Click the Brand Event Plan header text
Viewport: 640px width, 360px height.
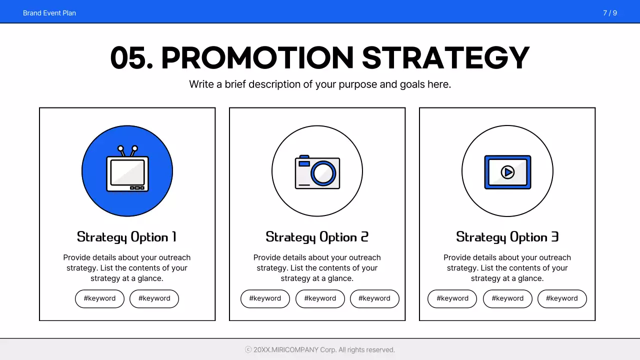coord(49,13)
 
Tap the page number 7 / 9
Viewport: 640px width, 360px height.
coord(609,13)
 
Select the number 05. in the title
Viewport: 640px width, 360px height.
coord(131,58)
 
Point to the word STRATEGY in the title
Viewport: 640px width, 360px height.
coord(445,58)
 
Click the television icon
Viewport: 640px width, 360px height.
coord(127,172)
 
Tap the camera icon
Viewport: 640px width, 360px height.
coord(317,172)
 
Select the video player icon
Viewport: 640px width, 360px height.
coord(507,172)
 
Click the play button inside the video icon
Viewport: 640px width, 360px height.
coord(507,172)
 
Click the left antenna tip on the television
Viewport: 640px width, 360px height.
coord(120,148)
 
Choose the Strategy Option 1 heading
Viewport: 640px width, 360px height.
coord(126,237)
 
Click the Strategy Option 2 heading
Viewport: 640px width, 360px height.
coord(317,237)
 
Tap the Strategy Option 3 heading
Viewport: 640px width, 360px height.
coord(507,237)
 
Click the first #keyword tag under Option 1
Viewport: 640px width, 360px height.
coord(99,298)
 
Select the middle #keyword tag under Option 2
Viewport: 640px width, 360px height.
coord(320,298)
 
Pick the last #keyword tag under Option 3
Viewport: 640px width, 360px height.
coord(561,298)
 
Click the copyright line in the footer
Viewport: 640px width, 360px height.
coord(320,350)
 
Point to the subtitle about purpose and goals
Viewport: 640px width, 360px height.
coord(320,84)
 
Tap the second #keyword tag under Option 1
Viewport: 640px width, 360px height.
coord(154,298)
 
